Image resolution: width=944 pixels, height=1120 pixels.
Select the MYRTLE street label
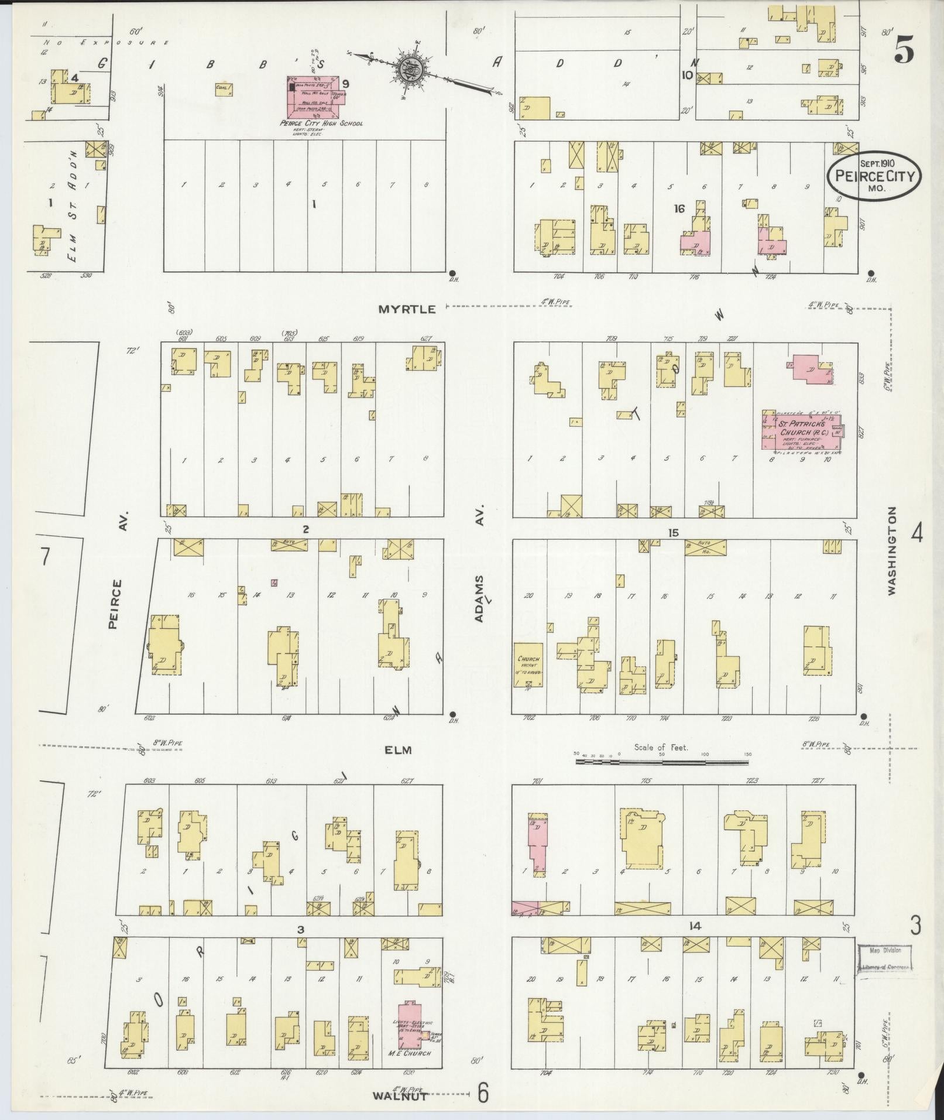pyautogui.click(x=407, y=309)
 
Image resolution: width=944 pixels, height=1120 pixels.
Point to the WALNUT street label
pyautogui.click(x=400, y=1096)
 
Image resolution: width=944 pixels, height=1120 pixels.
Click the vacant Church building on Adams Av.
pyautogui.click(x=528, y=664)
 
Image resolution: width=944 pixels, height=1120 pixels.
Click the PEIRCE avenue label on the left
pyautogui.click(x=115, y=604)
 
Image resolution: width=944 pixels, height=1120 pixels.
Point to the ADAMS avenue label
pyautogui.click(x=479, y=598)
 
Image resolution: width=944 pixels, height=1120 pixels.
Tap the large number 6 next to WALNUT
pyautogui.click(x=483, y=1092)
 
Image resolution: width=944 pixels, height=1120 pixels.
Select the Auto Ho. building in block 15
pyautogui.click(x=705, y=548)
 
